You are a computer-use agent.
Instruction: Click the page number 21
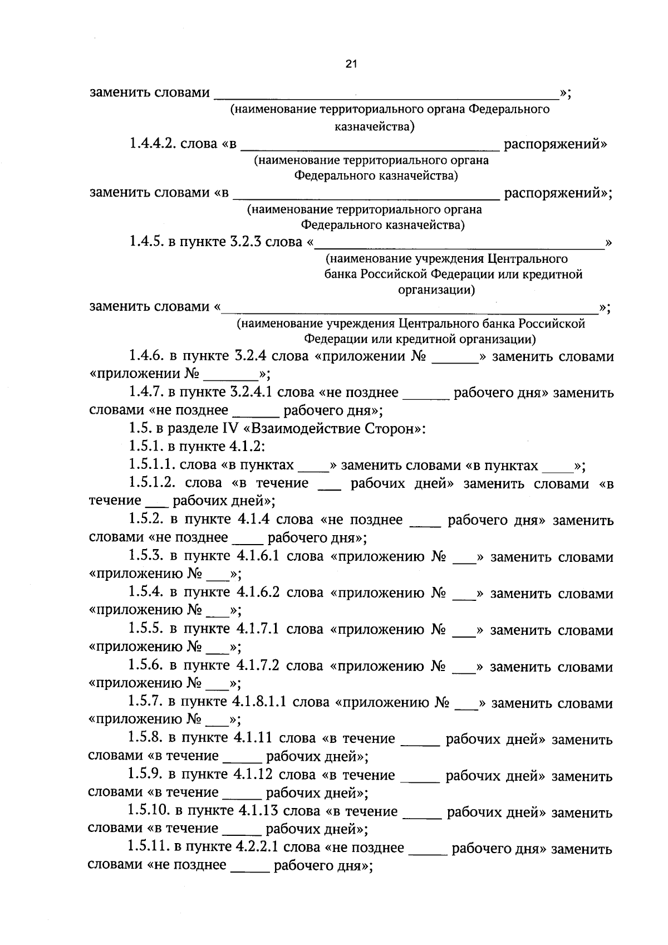pos(351,64)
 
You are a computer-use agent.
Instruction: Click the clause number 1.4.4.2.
pos(153,144)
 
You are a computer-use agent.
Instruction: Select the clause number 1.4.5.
pos(145,242)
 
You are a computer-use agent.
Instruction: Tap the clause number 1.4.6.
pos(146,356)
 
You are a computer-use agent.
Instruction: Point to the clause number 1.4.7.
pos(146,393)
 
